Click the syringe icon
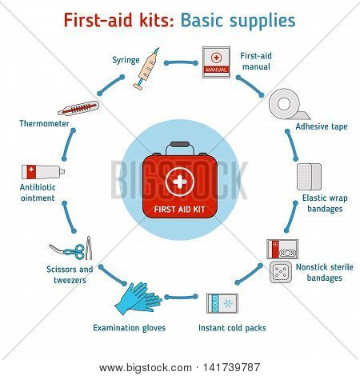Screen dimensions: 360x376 pyautogui.click(x=146, y=69)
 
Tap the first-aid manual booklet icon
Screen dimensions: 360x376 pyautogui.click(x=216, y=62)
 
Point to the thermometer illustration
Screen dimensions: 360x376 pyautogui.click(x=78, y=108)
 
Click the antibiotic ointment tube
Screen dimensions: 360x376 pyautogui.click(x=43, y=172)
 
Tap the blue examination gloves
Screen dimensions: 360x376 pyautogui.click(x=138, y=298)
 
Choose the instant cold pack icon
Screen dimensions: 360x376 pyautogui.click(x=222, y=303)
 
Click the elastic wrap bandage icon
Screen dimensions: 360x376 pyautogui.click(x=309, y=177)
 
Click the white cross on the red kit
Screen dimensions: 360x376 pyautogui.click(x=180, y=182)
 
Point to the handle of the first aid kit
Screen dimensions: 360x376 pyautogui.click(x=180, y=147)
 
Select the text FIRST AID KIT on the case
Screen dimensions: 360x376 pyautogui.click(x=179, y=210)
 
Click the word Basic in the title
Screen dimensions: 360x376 pyautogui.click(x=204, y=20)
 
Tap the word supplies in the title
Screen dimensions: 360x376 pyautogui.click(x=263, y=22)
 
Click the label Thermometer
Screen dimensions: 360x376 pyautogui.click(x=44, y=123)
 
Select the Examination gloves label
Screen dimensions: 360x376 pyautogui.click(x=130, y=328)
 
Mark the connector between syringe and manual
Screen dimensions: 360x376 pyautogui.click(x=181, y=63)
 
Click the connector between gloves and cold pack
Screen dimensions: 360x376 pyautogui.click(x=181, y=297)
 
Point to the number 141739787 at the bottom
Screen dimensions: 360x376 pyautogui.click(x=231, y=367)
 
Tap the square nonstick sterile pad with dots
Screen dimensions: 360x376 pyautogui.click(x=281, y=272)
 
